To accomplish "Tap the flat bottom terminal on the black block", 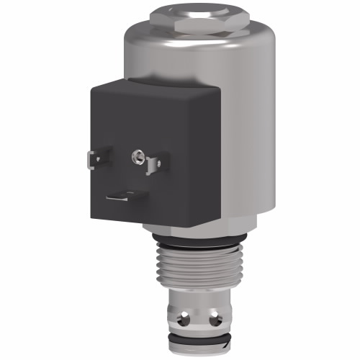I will [126, 195].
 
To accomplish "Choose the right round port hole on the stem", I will [215, 316].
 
